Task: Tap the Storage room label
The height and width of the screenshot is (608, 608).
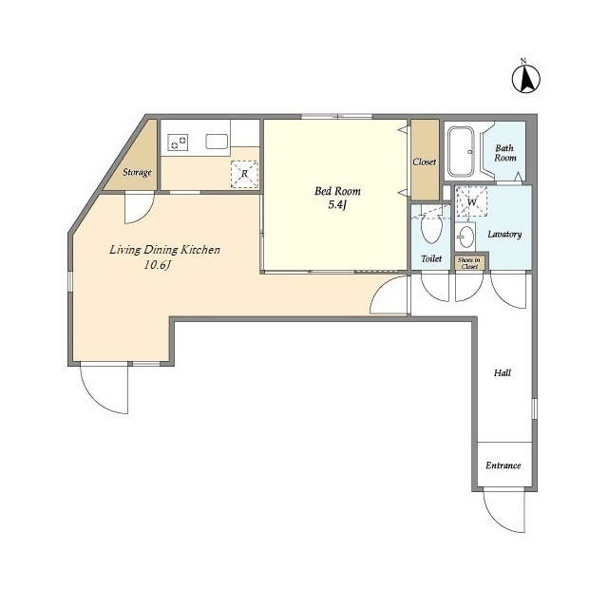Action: [137, 172]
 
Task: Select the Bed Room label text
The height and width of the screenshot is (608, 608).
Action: [338, 191]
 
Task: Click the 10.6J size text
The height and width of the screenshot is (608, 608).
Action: [158, 265]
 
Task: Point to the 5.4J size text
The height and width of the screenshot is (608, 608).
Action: [338, 205]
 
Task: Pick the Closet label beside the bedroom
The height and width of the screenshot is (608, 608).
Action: [425, 161]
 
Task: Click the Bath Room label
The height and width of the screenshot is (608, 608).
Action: [504, 152]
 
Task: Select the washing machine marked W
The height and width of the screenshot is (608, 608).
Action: [471, 201]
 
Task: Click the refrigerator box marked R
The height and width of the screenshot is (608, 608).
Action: [245, 173]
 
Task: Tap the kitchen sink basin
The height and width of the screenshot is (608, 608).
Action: [217, 142]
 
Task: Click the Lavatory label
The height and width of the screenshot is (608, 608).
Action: [503, 234]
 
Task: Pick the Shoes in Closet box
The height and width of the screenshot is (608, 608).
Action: [469, 263]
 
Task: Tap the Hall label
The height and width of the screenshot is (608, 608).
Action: [502, 372]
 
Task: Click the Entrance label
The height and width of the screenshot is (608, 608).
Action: [503, 465]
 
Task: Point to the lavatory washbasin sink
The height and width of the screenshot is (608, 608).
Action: [467, 235]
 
